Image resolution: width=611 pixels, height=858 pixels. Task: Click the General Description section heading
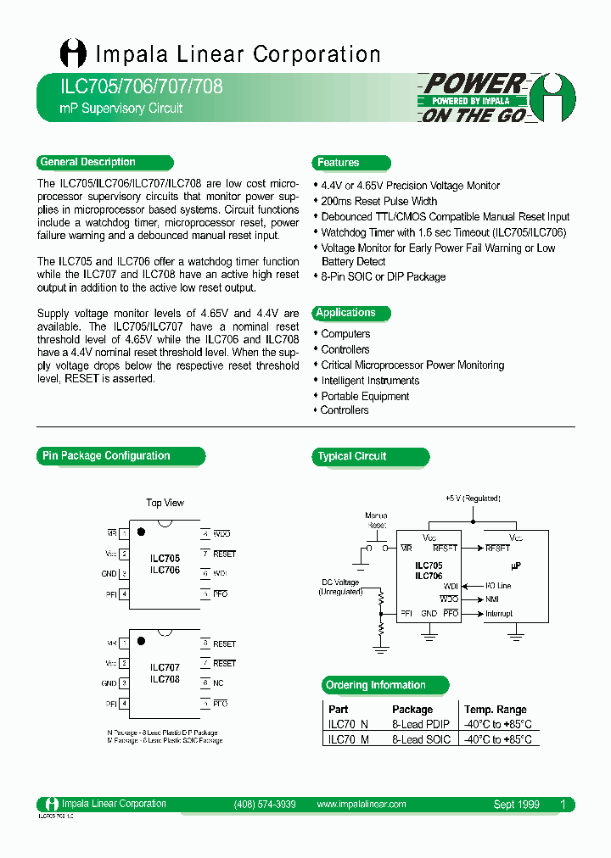pyautogui.click(x=88, y=162)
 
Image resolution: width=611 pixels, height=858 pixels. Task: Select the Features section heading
pyautogui.click(x=339, y=163)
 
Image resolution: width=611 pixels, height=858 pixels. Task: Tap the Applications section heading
pyautogui.click(x=346, y=313)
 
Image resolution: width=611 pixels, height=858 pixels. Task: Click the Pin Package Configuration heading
pyautogui.click(x=107, y=456)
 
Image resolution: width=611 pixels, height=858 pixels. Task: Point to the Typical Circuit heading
pyautogui.click(x=352, y=456)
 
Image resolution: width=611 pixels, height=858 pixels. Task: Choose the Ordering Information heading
pyautogui.click(x=376, y=685)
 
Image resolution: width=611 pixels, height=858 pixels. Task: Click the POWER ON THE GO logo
pyautogui.click(x=497, y=97)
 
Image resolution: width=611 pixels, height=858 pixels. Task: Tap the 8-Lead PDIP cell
pyautogui.click(x=421, y=724)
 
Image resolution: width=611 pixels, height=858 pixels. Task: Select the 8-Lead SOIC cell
pyautogui.click(x=421, y=739)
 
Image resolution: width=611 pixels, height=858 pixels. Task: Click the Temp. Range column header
pyautogui.click(x=495, y=709)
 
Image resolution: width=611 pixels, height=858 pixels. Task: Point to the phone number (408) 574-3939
pyautogui.click(x=264, y=804)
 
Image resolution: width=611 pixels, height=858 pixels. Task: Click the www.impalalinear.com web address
pyautogui.click(x=362, y=804)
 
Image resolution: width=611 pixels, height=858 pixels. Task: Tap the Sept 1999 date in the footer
pyautogui.click(x=516, y=804)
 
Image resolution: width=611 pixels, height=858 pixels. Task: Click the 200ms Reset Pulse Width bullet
pyautogui.click(x=379, y=201)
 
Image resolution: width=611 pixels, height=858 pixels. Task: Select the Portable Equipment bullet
pyautogui.click(x=365, y=396)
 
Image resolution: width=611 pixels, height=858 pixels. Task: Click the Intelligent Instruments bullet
pyautogui.click(x=370, y=381)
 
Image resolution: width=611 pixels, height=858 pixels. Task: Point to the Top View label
pyautogui.click(x=165, y=503)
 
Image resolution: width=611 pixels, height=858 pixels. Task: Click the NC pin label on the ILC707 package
pyautogui.click(x=218, y=682)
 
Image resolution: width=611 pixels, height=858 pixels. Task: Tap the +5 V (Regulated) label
pyautogui.click(x=473, y=499)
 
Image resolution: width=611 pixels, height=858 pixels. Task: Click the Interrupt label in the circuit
pyautogui.click(x=499, y=613)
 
